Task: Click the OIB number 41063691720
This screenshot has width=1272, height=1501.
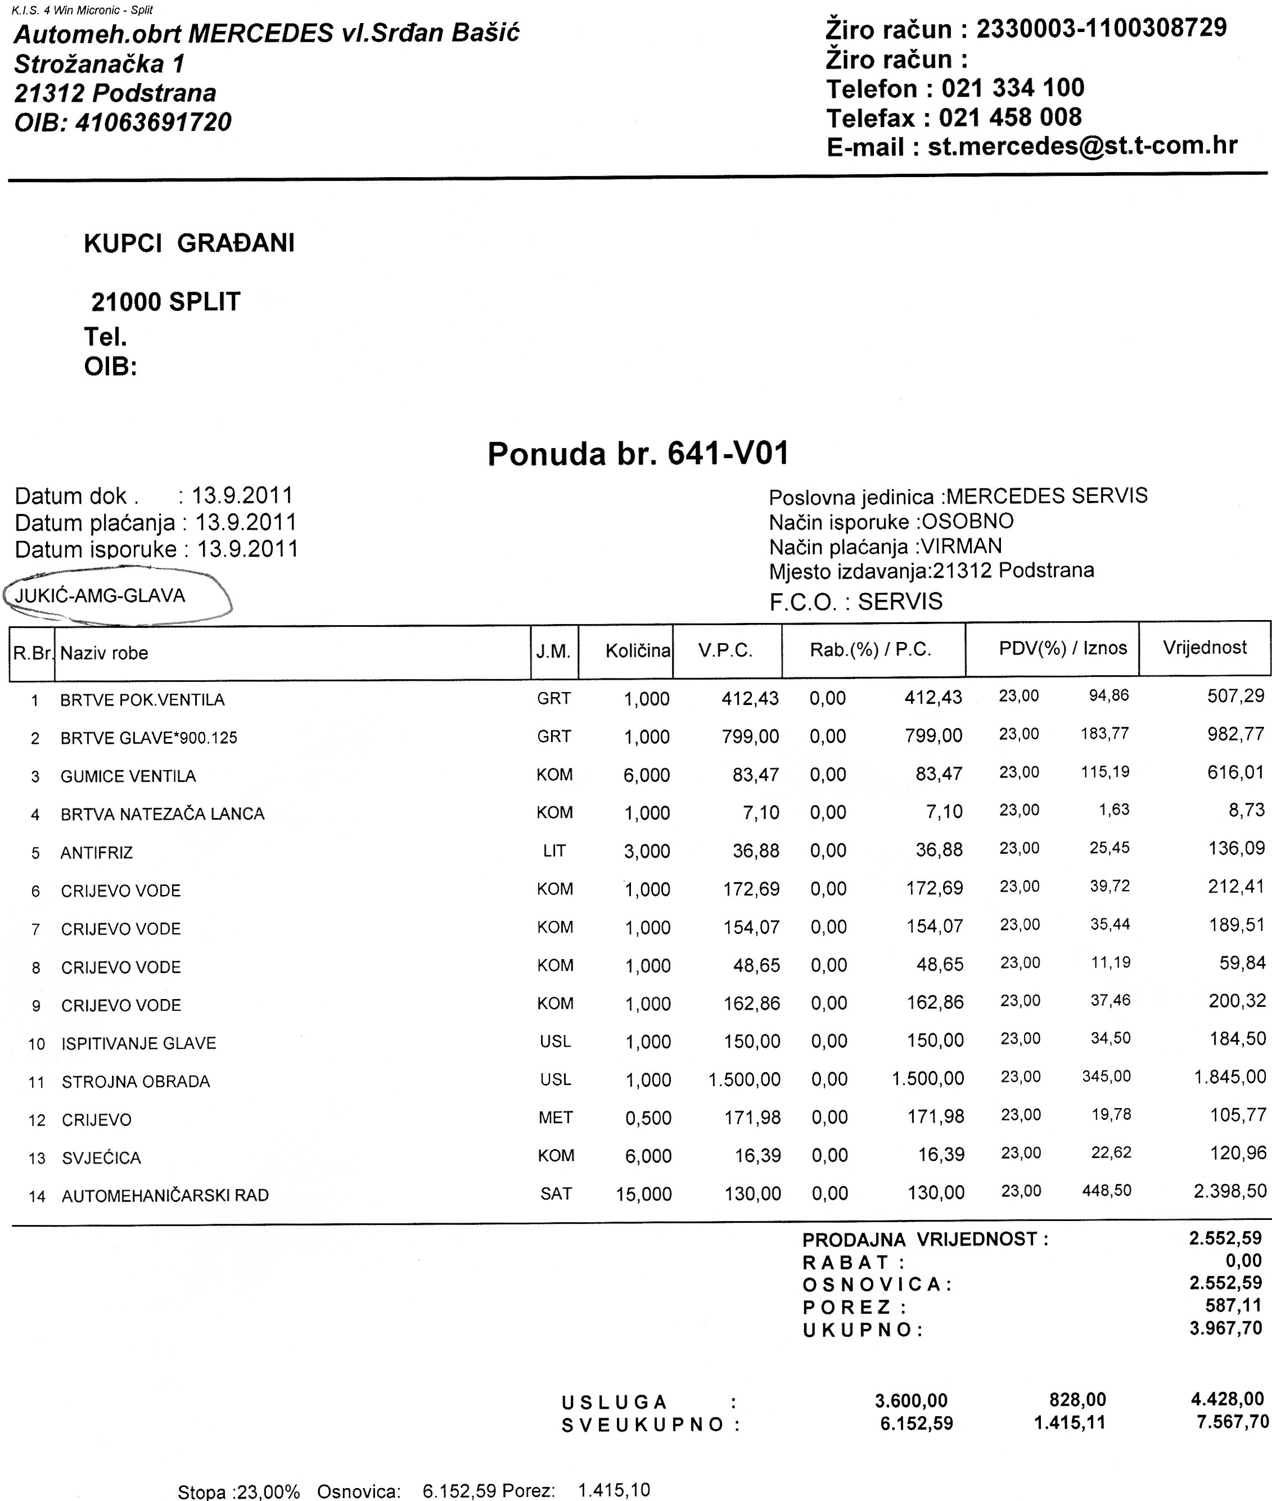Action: click(x=153, y=123)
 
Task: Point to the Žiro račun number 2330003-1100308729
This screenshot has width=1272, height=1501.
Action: click(x=1101, y=29)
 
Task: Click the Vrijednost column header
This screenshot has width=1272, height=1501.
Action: click(x=1204, y=648)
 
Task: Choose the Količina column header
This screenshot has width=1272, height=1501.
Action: click(x=638, y=651)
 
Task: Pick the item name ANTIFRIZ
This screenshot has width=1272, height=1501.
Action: click(x=97, y=853)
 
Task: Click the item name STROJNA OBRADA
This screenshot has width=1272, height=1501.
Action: click(x=136, y=1082)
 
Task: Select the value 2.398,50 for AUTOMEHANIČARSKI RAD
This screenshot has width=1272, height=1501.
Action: click(x=1229, y=1191)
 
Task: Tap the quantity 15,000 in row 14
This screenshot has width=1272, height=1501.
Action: click(x=643, y=1195)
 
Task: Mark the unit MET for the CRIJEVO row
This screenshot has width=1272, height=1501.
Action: click(x=555, y=1118)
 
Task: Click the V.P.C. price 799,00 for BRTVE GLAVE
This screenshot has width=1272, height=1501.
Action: click(x=750, y=736)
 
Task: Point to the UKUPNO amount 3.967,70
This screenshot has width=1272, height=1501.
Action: click(x=1225, y=1328)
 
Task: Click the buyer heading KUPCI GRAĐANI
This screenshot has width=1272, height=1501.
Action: click(x=189, y=243)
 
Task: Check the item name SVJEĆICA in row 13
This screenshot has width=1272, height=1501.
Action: click(x=101, y=1158)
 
